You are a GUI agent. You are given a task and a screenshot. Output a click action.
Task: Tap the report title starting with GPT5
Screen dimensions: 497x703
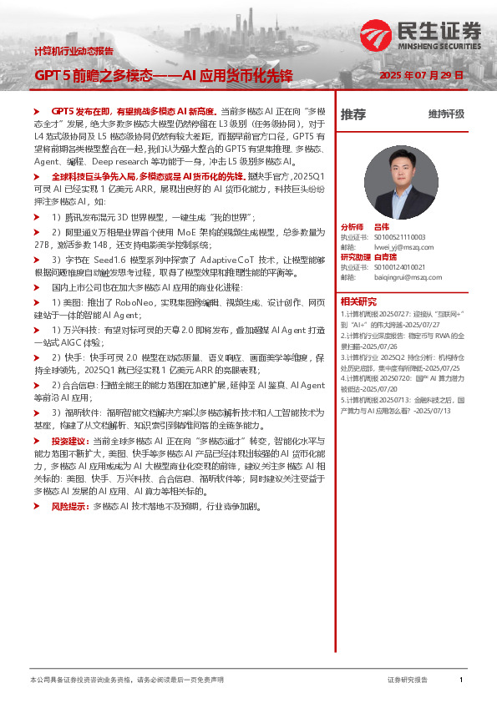tap(163, 75)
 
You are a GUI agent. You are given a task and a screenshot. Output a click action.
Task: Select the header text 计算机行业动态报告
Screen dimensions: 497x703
tap(74, 51)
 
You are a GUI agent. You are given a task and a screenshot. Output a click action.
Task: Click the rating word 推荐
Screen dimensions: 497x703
tap(352, 114)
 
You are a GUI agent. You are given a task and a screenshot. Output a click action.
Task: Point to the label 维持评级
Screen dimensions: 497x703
tap(446, 114)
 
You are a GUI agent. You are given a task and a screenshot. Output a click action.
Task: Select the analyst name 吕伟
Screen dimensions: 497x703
tap(382, 227)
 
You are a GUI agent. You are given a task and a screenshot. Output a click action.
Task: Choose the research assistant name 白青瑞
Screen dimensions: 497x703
tap(385, 257)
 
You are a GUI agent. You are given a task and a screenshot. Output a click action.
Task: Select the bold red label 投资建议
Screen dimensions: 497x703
tap(71, 440)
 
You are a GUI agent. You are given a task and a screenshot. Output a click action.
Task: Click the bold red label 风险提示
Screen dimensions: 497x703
tap(71, 506)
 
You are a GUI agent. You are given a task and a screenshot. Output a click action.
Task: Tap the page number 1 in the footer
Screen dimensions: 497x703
tap(461, 680)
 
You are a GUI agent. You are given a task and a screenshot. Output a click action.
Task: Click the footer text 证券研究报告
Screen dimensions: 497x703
tap(408, 680)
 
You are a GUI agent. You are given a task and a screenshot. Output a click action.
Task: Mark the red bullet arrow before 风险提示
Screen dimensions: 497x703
tap(37, 506)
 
